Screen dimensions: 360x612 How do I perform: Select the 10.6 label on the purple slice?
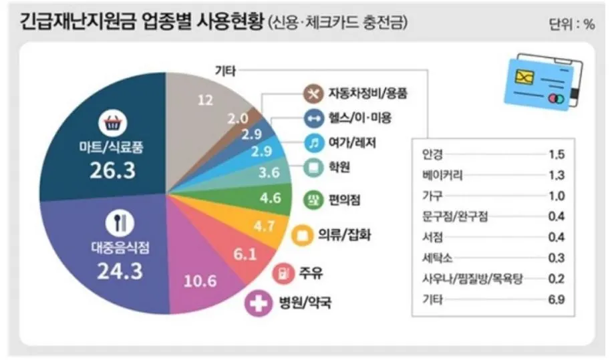pos(200,281)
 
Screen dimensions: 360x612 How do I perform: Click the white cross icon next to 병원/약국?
pos(256,304)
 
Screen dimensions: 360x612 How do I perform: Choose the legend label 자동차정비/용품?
pos(367,92)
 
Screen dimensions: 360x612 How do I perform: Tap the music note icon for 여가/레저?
pos(313,142)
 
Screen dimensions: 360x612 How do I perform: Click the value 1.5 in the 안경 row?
pos(556,155)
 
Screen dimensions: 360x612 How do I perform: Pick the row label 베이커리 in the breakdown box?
pos(443,176)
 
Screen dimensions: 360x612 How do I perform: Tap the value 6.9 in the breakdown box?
pos(556,300)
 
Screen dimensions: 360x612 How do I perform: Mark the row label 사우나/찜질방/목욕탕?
pos(470,279)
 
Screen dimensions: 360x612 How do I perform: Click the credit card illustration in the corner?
pos(543,85)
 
